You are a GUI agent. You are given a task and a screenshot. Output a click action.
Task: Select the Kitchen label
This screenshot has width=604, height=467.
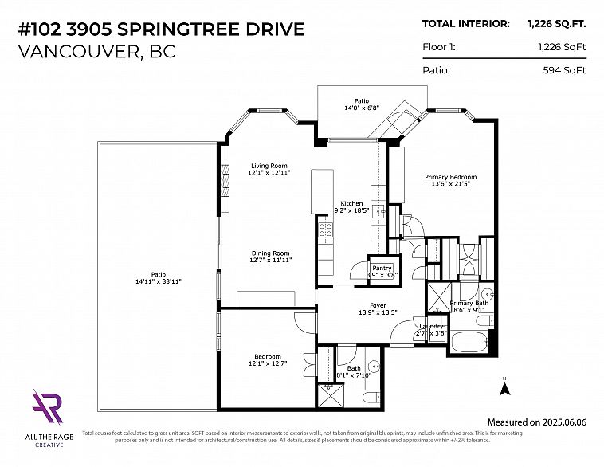point(351,204)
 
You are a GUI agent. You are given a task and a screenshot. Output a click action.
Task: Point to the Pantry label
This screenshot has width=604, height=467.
point(382,268)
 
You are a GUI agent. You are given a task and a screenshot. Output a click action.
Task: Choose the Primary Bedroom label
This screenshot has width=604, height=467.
point(450,177)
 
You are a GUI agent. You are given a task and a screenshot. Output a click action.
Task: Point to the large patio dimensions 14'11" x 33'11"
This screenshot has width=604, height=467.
point(158,281)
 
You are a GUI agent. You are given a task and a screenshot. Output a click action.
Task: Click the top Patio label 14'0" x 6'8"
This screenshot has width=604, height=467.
point(361,101)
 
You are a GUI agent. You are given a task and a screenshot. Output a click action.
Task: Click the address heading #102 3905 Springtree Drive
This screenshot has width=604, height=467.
point(161,29)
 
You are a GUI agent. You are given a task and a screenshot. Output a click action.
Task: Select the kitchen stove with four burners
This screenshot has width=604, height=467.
point(325,232)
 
